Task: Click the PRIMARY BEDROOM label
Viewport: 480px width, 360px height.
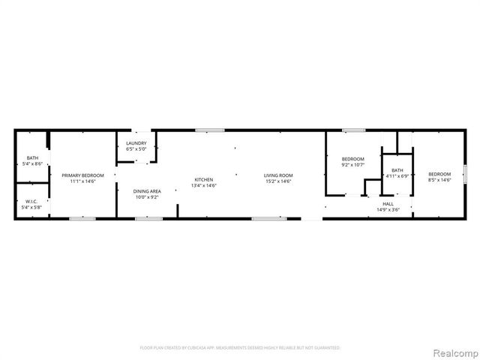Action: [x=82, y=175]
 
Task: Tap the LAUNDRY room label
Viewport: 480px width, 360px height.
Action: [x=136, y=143]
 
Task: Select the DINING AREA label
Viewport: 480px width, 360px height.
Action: [x=148, y=191]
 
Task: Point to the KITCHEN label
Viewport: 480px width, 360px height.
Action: [x=204, y=179]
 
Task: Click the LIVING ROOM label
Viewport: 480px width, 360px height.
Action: [x=277, y=175]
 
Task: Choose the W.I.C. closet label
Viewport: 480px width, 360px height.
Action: [x=31, y=201]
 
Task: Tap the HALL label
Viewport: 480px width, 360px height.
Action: [x=388, y=203]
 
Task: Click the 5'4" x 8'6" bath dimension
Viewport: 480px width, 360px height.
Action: [x=31, y=163]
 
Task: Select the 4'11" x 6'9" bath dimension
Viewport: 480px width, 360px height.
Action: [x=397, y=176]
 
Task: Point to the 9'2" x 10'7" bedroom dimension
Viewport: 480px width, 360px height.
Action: [x=353, y=164]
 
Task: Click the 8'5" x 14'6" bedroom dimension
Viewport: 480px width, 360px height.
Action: [x=439, y=180]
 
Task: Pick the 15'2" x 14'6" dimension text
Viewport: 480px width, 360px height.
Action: [x=277, y=181]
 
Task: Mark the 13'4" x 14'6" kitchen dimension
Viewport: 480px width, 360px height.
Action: [x=204, y=185]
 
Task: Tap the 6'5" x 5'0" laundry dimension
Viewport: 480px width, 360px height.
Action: [x=136, y=149]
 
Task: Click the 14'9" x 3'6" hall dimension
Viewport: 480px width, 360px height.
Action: [x=388, y=209]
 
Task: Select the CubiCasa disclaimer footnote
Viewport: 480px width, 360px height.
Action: [x=240, y=348]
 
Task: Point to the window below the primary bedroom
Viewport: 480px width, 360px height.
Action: [x=82, y=219]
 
